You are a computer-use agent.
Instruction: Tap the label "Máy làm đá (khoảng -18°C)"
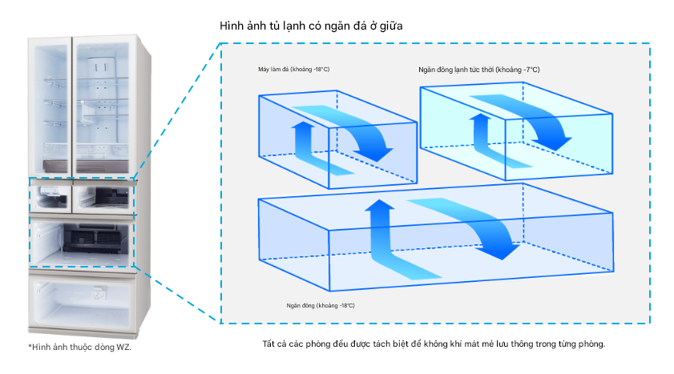pyautogui.click(x=289, y=70)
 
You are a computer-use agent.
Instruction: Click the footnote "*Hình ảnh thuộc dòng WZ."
pyautogui.click(x=79, y=347)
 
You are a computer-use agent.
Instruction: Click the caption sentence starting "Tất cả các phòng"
pyautogui.click(x=434, y=344)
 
